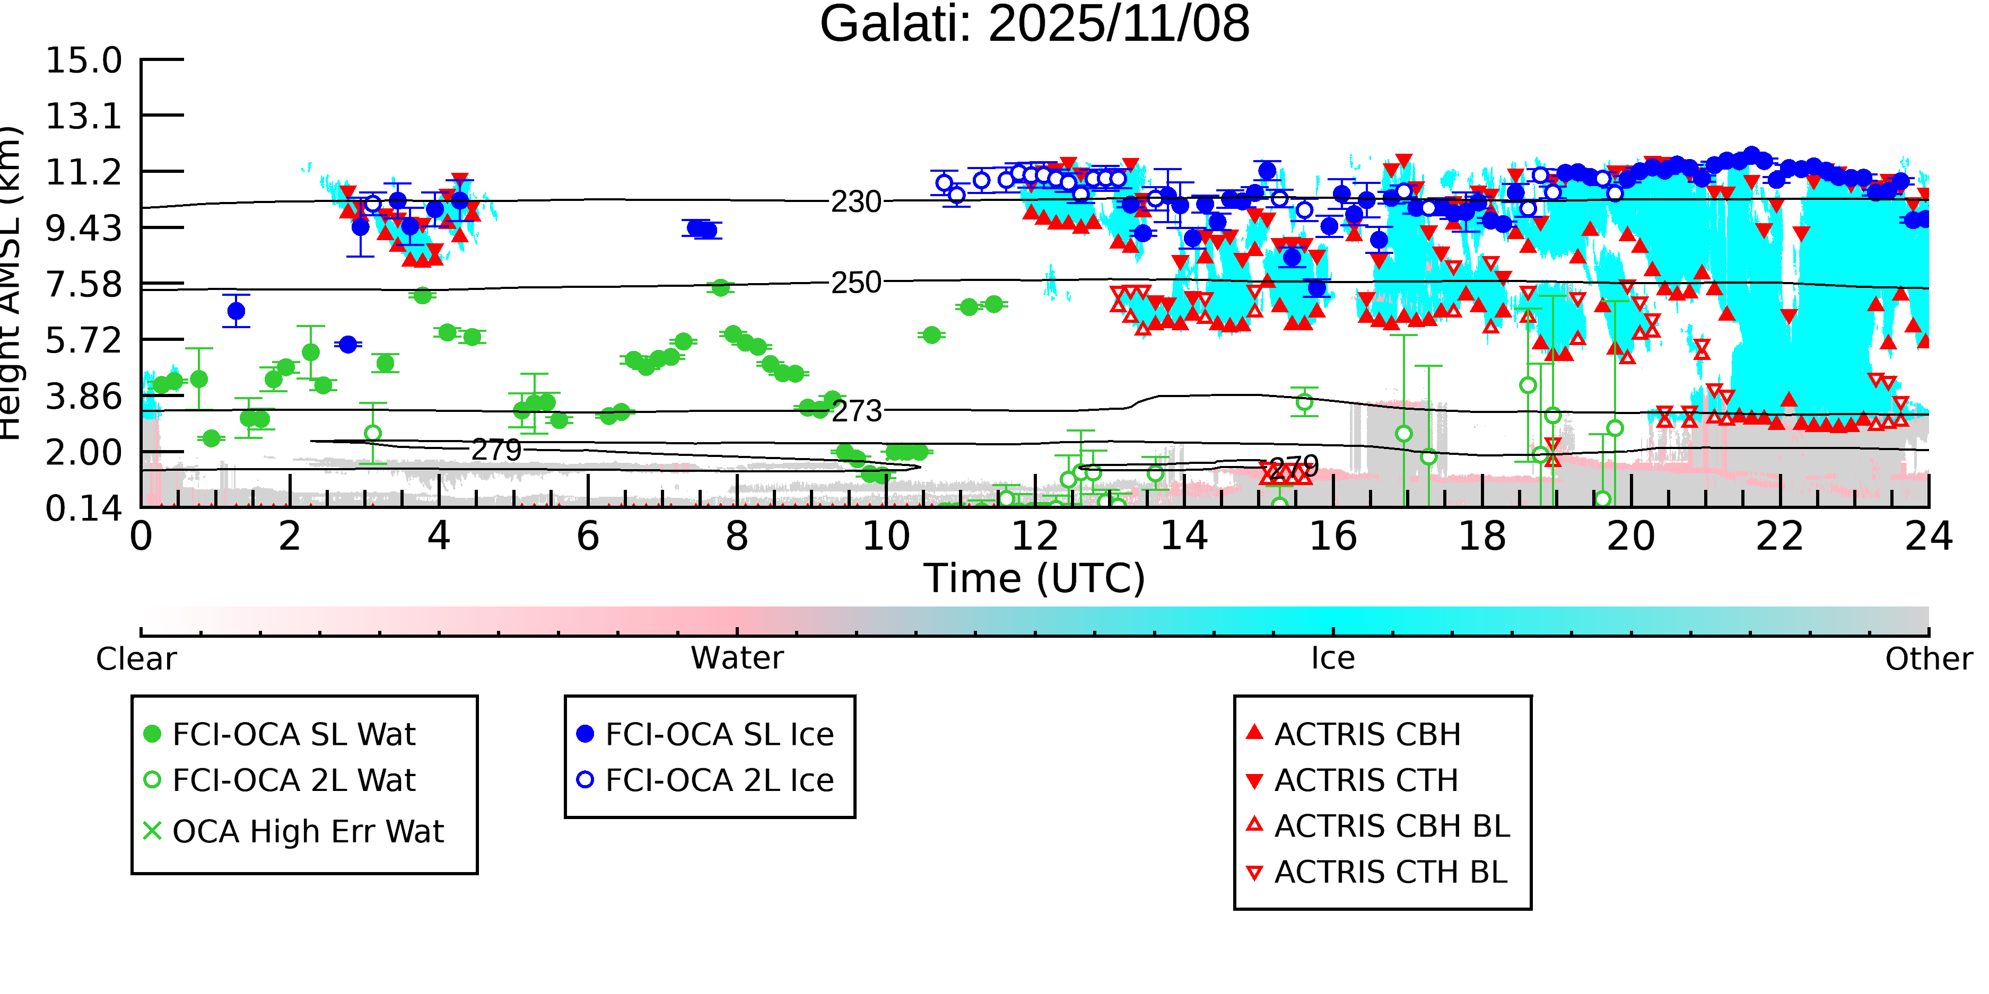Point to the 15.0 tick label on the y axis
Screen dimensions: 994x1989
(83, 61)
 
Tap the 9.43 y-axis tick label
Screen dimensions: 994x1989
(83, 228)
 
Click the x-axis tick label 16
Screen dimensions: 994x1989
(1333, 536)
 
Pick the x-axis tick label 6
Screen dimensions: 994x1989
(588, 536)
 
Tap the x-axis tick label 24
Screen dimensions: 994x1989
(1928, 536)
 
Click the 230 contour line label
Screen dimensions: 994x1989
(856, 202)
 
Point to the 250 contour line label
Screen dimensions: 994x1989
(856, 283)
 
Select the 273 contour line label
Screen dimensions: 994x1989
(856, 411)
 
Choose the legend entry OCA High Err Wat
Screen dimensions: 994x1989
(307, 832)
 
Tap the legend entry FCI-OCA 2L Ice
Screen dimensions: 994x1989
(719, 780)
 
